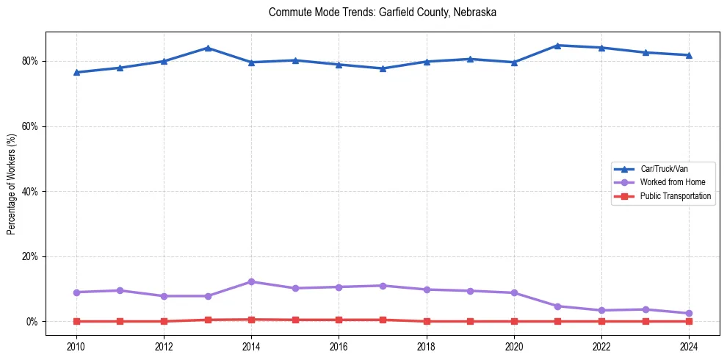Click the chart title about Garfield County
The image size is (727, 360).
pyautogui.click(x=383, y=12)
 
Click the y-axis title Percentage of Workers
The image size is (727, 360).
pyautogui.click(x=12, y=184)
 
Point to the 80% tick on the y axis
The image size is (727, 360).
pyautogui.click(x=30, y=61)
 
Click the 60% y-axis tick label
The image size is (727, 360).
pyautogui.click(x=30, y=126)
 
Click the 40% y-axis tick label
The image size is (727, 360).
pyautogui.click(x=30, y=192)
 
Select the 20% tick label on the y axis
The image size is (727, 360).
pyautogui.click(x=30, y=256)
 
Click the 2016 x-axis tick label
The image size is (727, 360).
pyautogui.click(x=339, y=345)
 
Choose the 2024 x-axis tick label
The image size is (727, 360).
pyautogui.click(x=689, y=345)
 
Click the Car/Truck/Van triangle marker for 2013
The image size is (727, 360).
pyautogui.click(x=208, y=48)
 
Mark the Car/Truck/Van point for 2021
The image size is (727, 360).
pyautogui.click(x=557, y=46)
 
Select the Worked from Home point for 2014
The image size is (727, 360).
pyautogui.click(x=251, y=281)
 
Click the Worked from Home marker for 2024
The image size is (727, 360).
pyautogui.click(x=689, y=313)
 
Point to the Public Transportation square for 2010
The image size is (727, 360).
pyautogui.click(x=76, y=321)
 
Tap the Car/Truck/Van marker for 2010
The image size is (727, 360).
pyautogui.click(x=76, y=72)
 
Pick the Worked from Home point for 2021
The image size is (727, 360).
pyautogui.click(x=557, y=306)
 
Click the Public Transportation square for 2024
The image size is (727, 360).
pyautogui.click(x=689, y=321)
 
